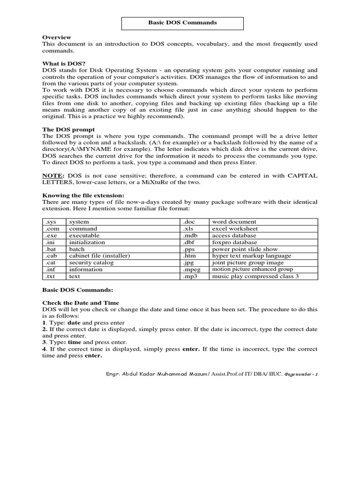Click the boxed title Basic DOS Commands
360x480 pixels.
click(x=183, y=22)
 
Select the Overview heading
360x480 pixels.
click(x=57, y=37)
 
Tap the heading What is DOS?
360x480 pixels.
click(x=64, y=63)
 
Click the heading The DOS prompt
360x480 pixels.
click(x=68, y=129)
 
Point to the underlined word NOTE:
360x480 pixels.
click(x=53, y=175)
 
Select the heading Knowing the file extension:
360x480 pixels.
click(x=83, y=195)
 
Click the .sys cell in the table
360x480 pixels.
click(x=51, y=222)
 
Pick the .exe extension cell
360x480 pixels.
click(x=51, y=235)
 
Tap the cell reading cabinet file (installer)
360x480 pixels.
click(x=99, y=256)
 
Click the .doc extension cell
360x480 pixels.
click(x=190, y=222)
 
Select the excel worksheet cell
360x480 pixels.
click(x=235, y=229)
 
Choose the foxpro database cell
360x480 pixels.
click(x=234, y=242)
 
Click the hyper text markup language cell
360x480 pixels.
click(x=251, y=256)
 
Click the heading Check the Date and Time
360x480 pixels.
click(x=81, y=303)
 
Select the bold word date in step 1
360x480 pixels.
click(x=75, y=323)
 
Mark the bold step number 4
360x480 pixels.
click(x=44, y=349)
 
